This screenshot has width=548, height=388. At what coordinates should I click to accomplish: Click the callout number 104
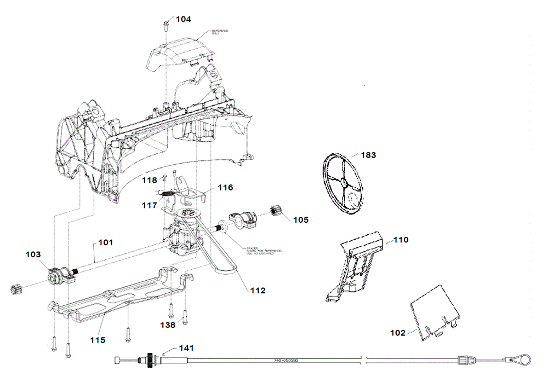coord(183,19)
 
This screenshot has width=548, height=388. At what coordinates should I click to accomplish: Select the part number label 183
coord(368,155)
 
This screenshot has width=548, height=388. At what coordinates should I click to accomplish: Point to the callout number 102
coord(397,332)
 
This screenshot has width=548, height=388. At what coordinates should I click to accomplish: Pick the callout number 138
coord(168,325)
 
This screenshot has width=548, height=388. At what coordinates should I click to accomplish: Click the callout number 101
coord(107,242)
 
